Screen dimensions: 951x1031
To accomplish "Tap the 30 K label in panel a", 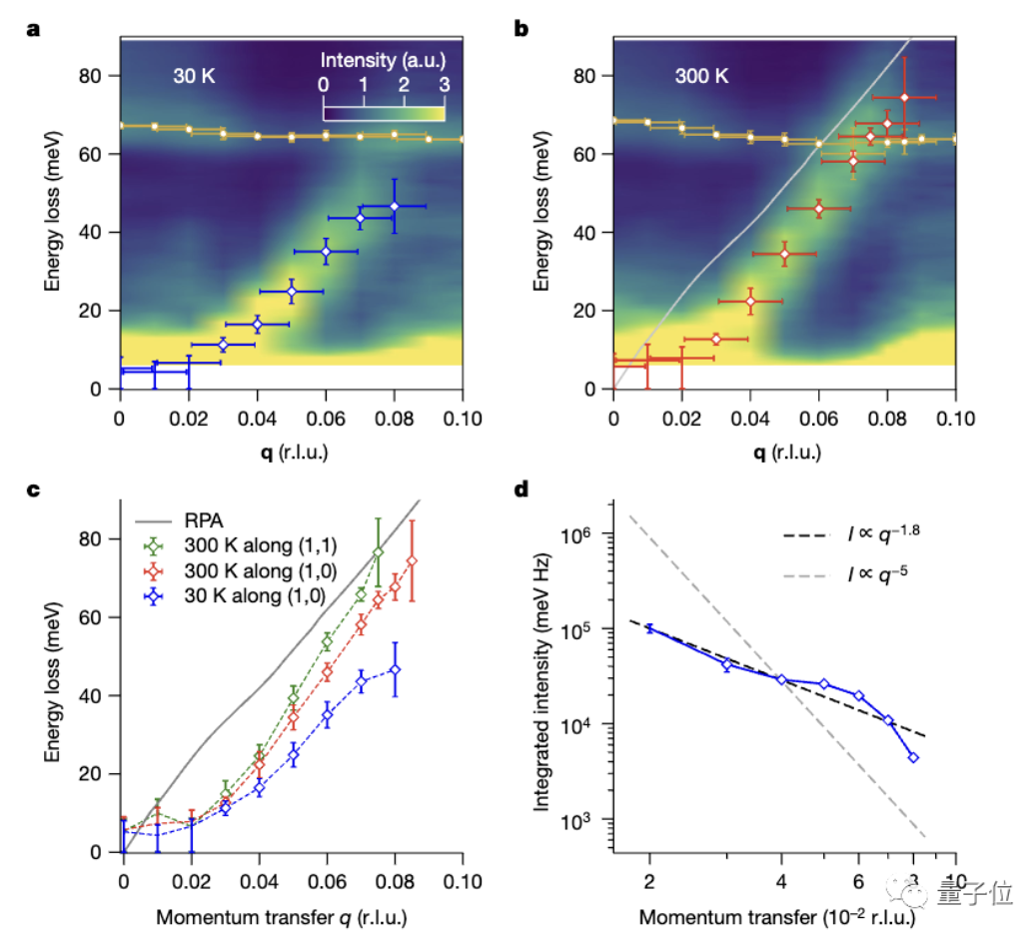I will [x=192, y=77].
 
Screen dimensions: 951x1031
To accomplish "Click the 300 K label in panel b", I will [x=699, y=77].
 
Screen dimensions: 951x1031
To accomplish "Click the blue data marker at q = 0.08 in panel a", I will [x=394, y=207].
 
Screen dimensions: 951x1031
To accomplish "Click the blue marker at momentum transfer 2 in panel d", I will [x=649, y=627].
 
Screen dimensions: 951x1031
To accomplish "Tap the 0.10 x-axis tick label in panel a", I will [x=462, y=410].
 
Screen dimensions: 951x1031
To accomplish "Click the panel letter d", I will [x=520, y=490].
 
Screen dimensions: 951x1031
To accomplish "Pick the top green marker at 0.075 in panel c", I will [x=378, y=552].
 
